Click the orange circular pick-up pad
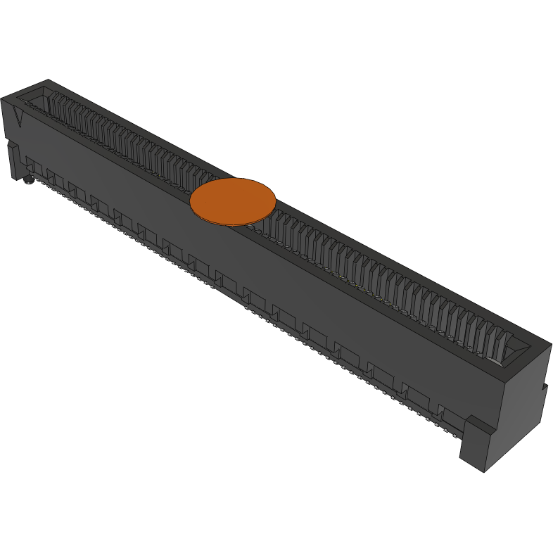click(x=232, y=201)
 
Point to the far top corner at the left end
click(x=48, y=80)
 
